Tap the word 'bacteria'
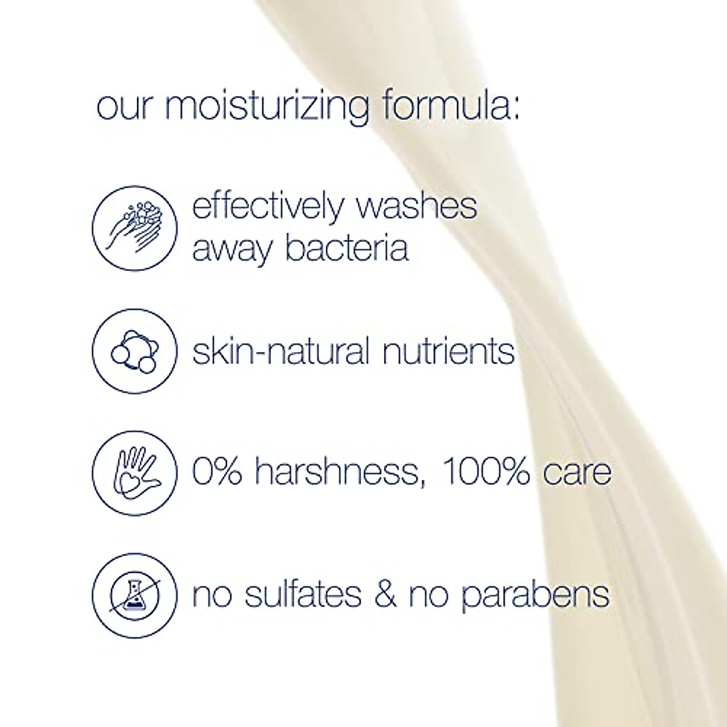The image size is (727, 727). (347, 248)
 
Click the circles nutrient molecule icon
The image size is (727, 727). (134, 350)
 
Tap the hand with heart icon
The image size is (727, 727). (134, 472)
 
